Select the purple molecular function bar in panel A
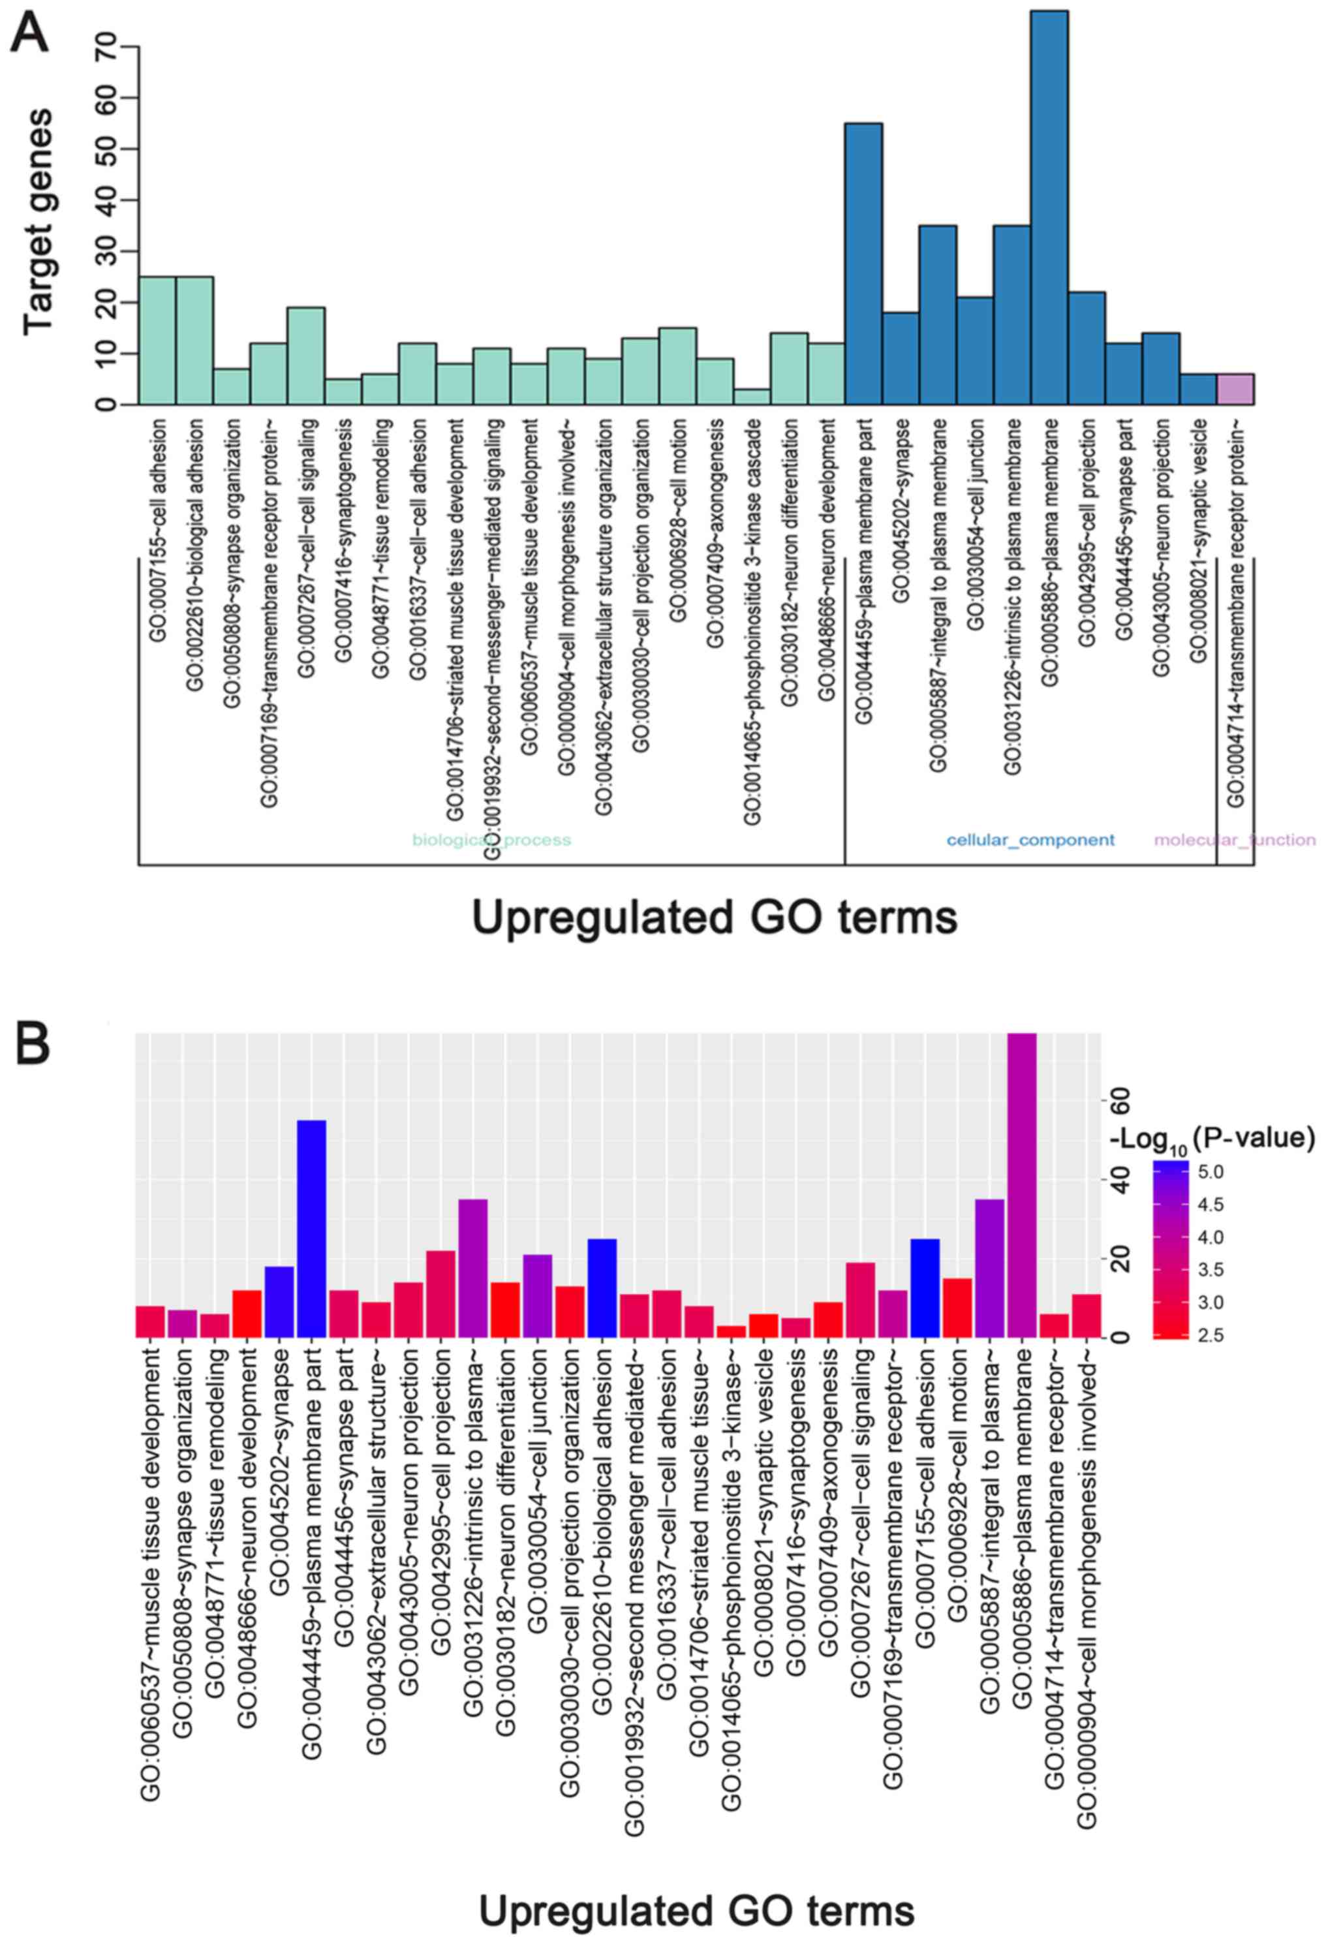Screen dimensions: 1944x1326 click(x=1235, y=389)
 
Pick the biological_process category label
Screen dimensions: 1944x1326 click(x=491, y=840)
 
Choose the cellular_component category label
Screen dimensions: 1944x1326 click(x=1030, y=840)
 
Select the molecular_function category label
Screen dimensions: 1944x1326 click(x=1234, y=840)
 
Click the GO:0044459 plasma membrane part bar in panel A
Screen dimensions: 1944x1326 click(x=863, y=264)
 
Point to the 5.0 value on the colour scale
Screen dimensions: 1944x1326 click(x=1210, y=1173)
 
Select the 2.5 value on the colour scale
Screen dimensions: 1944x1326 click(x=1210, y=1336)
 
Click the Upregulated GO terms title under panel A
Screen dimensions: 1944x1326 click(x=715, y=918)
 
